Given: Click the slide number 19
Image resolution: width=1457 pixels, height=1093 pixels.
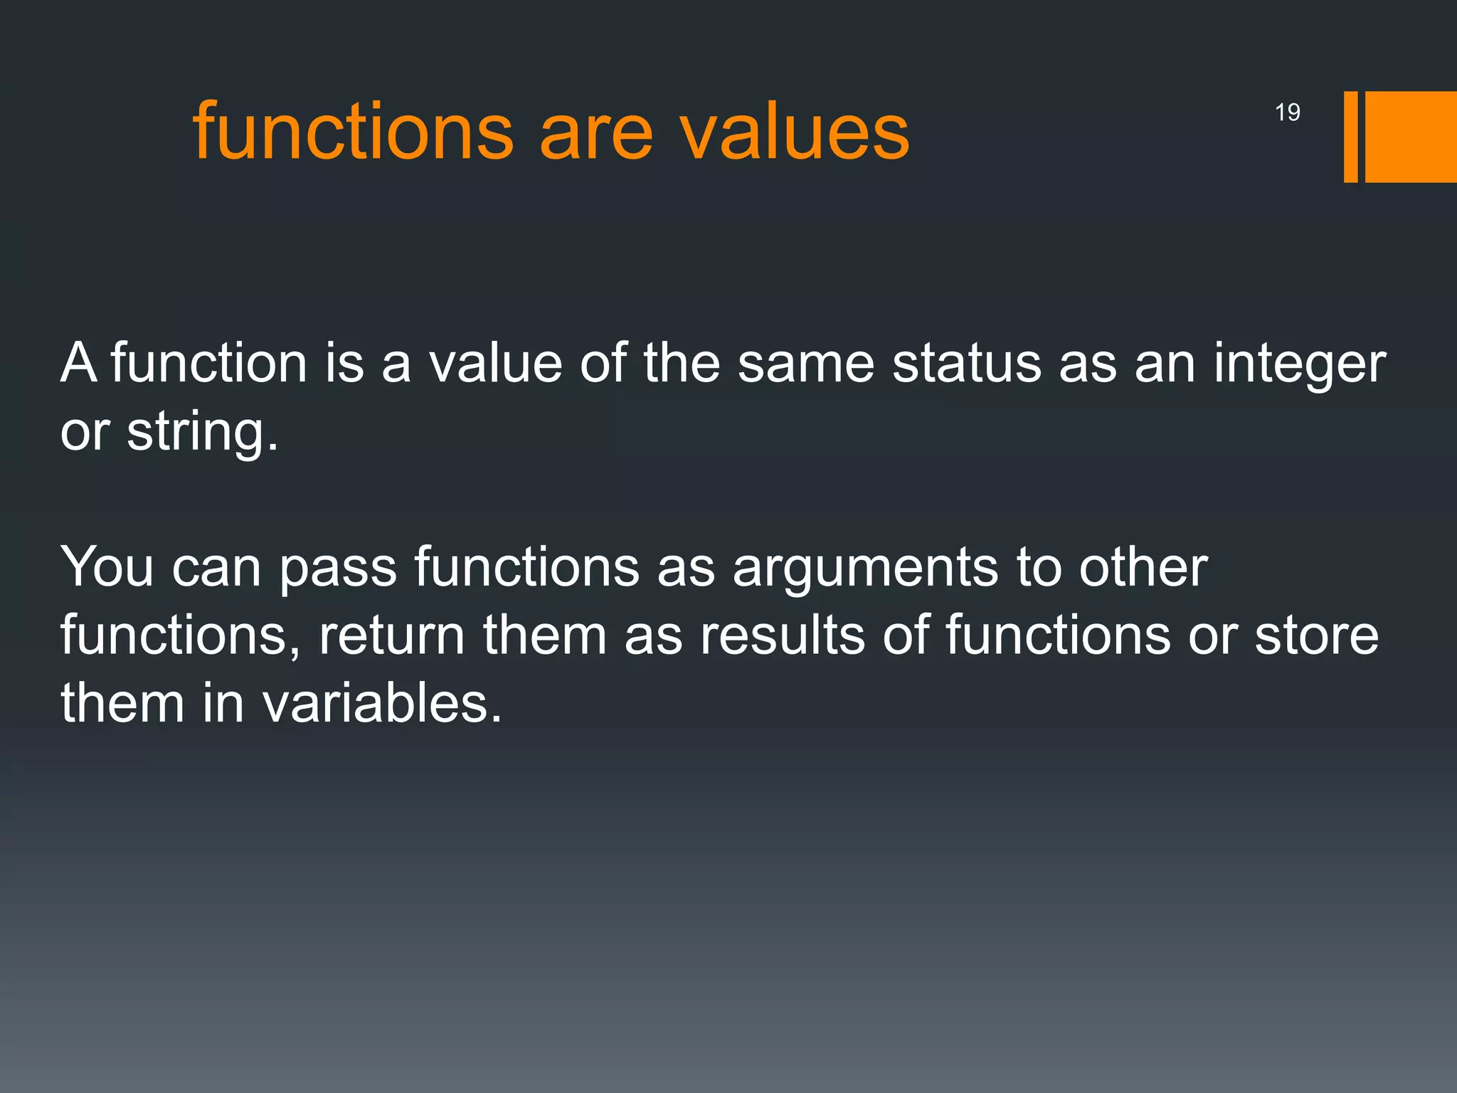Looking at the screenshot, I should [x=1287, y=112].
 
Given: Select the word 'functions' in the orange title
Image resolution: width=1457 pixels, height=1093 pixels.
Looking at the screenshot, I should [x=353, y=132].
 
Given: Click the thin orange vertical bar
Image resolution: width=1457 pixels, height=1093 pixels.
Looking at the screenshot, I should [x=1350, y=137].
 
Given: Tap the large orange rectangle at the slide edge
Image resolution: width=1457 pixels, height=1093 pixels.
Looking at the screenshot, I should [x=1411, y=137].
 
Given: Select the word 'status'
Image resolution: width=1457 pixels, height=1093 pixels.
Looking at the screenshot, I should [x=966, y=363].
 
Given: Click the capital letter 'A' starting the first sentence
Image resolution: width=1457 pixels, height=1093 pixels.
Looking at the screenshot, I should [x=78, y=363].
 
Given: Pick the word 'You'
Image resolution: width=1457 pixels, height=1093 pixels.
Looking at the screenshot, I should [x=107, y=567].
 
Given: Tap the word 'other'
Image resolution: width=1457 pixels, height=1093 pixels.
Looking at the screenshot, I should [x=1143, y=567].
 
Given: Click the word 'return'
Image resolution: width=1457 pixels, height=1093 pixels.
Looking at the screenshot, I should [x=391, y=635].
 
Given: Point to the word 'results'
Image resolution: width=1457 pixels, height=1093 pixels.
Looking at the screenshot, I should [x=783, y=635].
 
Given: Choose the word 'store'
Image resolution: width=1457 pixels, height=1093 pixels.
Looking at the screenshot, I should [x=1316, y=635].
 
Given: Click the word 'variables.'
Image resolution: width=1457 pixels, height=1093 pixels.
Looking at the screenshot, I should [x=382, y=703].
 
